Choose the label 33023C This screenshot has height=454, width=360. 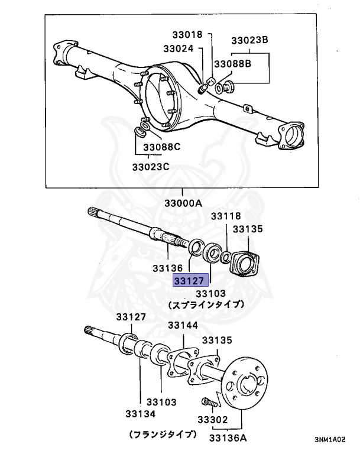150,167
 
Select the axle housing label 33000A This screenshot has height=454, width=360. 183,203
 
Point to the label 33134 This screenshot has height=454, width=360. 141,413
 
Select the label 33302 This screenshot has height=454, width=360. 212,420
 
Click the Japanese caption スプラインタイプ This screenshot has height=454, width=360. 206,305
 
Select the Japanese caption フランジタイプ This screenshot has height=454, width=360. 163,434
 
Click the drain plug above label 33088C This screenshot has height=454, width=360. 142,129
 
